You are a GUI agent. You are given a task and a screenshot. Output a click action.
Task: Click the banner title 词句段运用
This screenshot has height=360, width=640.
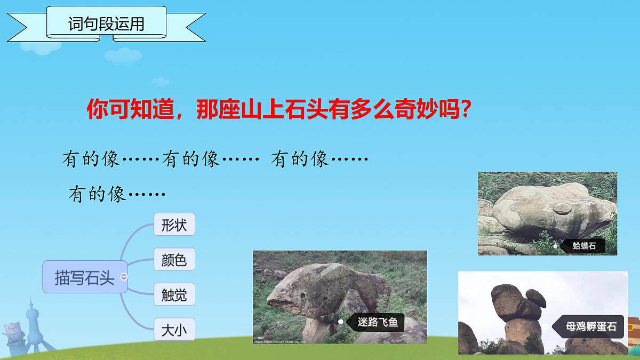(107, 23)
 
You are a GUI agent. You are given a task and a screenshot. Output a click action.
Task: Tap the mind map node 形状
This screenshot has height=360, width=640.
(174, 225)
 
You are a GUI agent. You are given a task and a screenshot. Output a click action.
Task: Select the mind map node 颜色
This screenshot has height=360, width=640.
(174, 260)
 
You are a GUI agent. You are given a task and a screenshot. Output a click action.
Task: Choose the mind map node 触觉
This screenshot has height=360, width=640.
(174, 295)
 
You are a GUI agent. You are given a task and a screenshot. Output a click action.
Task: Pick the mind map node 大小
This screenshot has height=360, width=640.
(174, 330)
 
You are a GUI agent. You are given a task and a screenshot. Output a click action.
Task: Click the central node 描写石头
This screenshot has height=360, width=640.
(84, 277)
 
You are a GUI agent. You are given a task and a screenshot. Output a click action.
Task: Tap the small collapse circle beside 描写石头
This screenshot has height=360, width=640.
(124, 277)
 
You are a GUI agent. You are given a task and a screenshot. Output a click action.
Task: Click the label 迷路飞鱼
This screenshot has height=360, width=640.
(378, 322)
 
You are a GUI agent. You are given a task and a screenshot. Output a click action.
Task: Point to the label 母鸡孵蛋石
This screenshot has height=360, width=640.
(590, 326)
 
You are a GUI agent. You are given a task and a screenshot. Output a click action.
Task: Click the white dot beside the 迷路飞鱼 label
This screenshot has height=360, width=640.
(341, 322)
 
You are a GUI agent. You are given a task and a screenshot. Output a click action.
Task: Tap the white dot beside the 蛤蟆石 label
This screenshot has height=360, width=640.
(555, 246)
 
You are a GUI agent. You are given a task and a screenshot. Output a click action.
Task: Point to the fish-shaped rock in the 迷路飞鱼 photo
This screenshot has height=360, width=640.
(320, 291)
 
